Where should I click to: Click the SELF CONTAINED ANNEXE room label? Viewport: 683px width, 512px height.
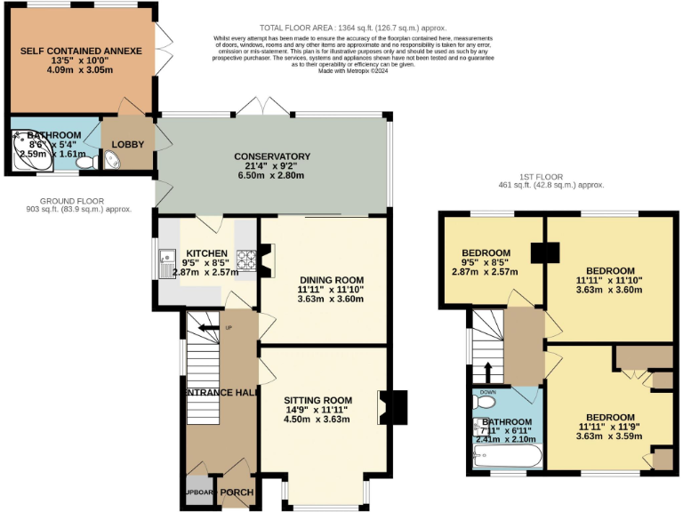tap(81, 52)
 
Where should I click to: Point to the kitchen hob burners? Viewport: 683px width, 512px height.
tap(245, 260)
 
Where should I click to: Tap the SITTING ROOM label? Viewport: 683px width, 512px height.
tap(317, 399)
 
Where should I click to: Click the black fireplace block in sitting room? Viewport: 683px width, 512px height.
tap(398, 407)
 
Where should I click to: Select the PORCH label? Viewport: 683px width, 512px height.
tap(237, 492)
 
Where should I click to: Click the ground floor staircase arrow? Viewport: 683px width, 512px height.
tap(207, 329)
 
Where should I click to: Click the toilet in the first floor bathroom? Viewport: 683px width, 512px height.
tap(486, 402)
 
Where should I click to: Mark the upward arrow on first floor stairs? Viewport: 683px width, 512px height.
tap(487, 369)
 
